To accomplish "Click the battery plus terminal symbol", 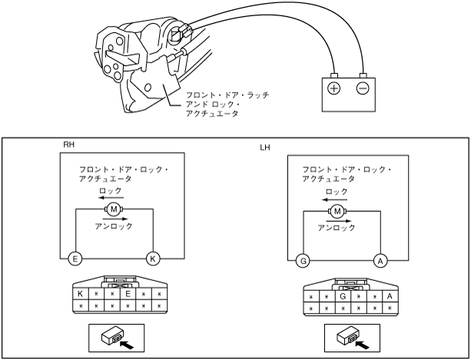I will click(334, 88).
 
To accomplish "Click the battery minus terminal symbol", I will click(363, 88).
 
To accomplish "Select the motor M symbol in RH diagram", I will click(114, 210).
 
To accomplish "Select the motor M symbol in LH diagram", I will click(337, 210).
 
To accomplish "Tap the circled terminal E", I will click(75, 259).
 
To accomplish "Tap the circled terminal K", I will click(153, 259).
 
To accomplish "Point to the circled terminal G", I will click(304, 261).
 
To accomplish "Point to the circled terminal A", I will click(380, 261).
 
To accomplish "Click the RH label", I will click(68, 144).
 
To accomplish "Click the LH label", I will click(266, 145).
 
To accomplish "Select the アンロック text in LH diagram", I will click(337, 227).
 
